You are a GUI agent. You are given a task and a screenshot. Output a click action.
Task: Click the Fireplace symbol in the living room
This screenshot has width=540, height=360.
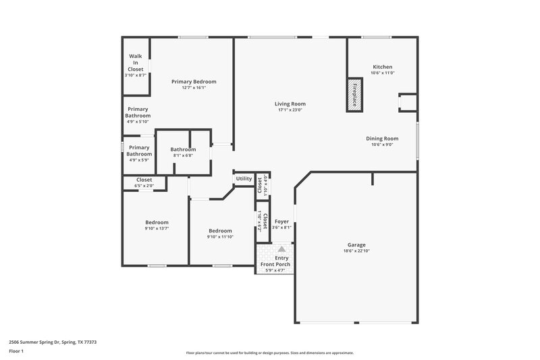pos(351,94)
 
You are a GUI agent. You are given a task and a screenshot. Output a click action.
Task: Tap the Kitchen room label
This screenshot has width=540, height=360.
pos(382,67)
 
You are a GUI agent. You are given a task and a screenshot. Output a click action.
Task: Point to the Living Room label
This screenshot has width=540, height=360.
pos(290,104)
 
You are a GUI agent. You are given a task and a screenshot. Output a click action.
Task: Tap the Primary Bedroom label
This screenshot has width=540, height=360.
pos(194,81)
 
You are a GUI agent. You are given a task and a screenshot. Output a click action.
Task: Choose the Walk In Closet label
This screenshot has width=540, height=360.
pos(136,62)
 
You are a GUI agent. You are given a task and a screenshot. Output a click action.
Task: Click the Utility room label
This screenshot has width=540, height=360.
pos(244,179)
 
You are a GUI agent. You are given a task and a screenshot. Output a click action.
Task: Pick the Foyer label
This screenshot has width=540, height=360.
pos(281,221)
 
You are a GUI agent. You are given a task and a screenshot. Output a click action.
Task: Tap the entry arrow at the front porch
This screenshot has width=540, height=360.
pos(281,249)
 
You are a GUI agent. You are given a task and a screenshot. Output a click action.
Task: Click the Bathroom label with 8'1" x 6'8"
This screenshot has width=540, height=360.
pos(183,149)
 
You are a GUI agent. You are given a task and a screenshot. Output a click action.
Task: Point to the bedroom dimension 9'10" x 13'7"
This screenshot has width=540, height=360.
pos(157,228)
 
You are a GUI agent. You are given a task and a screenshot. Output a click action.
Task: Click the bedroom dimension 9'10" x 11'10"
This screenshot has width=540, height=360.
pos(220,236)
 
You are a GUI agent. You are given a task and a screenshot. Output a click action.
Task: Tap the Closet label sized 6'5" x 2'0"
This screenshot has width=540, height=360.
pos(144,186)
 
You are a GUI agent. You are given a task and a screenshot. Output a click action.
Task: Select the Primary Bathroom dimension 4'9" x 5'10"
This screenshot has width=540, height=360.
pos(138,122)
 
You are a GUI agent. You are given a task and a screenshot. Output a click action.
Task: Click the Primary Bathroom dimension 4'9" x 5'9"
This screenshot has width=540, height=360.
pos(139,160)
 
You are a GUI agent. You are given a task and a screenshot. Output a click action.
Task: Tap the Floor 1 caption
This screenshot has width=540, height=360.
pos(17,351)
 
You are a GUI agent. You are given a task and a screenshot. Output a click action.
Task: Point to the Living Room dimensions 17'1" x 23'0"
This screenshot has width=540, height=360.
pos(290,111)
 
